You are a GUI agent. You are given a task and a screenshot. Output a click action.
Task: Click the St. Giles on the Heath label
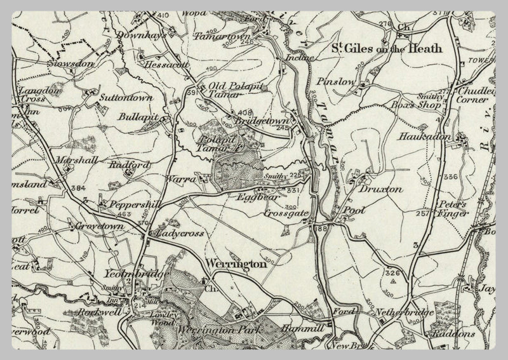coord(387,48)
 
